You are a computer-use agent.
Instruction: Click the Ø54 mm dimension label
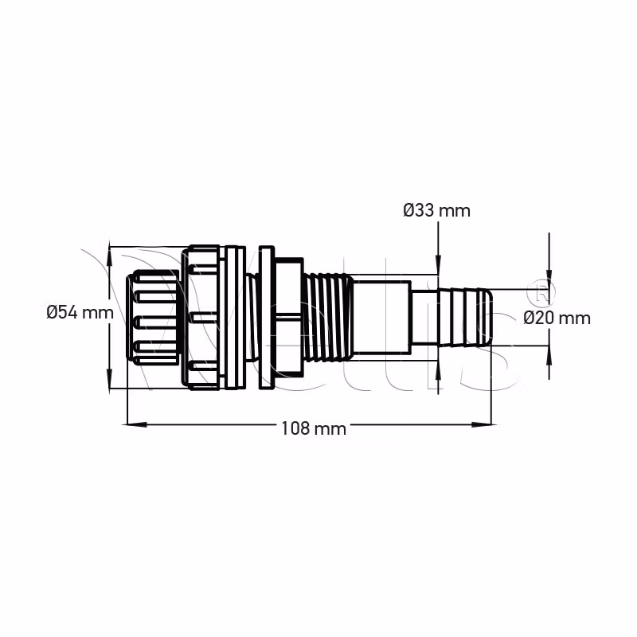click(x=80, y=313)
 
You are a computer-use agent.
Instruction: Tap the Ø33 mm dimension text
click(x=436, y=210)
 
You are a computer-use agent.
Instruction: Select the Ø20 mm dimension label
click(x=557, y=318)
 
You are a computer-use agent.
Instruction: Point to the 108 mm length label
click(x=314, y=428)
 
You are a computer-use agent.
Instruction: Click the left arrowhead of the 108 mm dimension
click(x=135, y=424)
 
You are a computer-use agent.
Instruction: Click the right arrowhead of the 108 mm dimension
click(x=485, y=424)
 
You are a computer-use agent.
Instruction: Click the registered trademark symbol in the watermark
click(x=541, y=292)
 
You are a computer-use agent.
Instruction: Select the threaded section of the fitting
click(x=328, y=318)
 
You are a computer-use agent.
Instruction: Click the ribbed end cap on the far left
click(x=153, y=318)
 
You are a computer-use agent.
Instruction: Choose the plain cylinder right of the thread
click(x=381, y=318)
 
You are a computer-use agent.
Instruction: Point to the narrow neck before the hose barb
click(x=424, y=318)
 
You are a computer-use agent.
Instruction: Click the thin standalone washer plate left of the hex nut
click(x=266, y=317)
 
